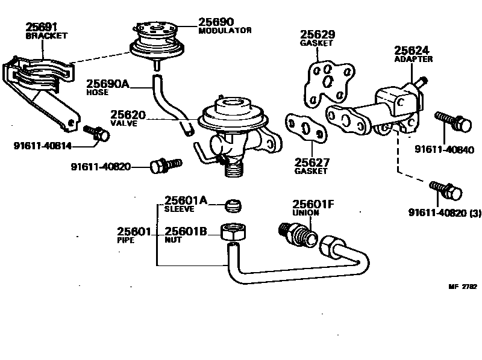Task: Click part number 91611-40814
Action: pyautogui.click(x=41, y=145)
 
